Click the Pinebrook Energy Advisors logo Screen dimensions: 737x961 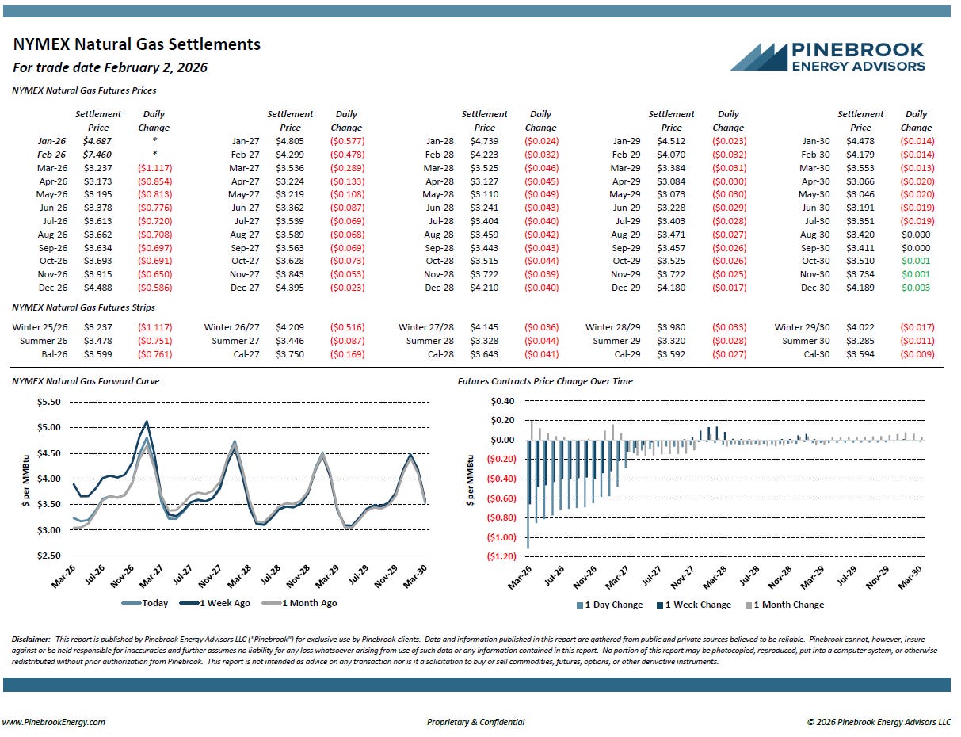827,56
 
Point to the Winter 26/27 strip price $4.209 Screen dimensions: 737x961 290,327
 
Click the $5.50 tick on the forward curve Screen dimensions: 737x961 49,402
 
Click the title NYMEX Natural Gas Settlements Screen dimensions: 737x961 136,44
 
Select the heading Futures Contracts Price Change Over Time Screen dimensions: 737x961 545,381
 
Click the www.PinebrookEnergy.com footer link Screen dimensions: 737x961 53,722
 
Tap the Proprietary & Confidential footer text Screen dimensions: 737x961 475,722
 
